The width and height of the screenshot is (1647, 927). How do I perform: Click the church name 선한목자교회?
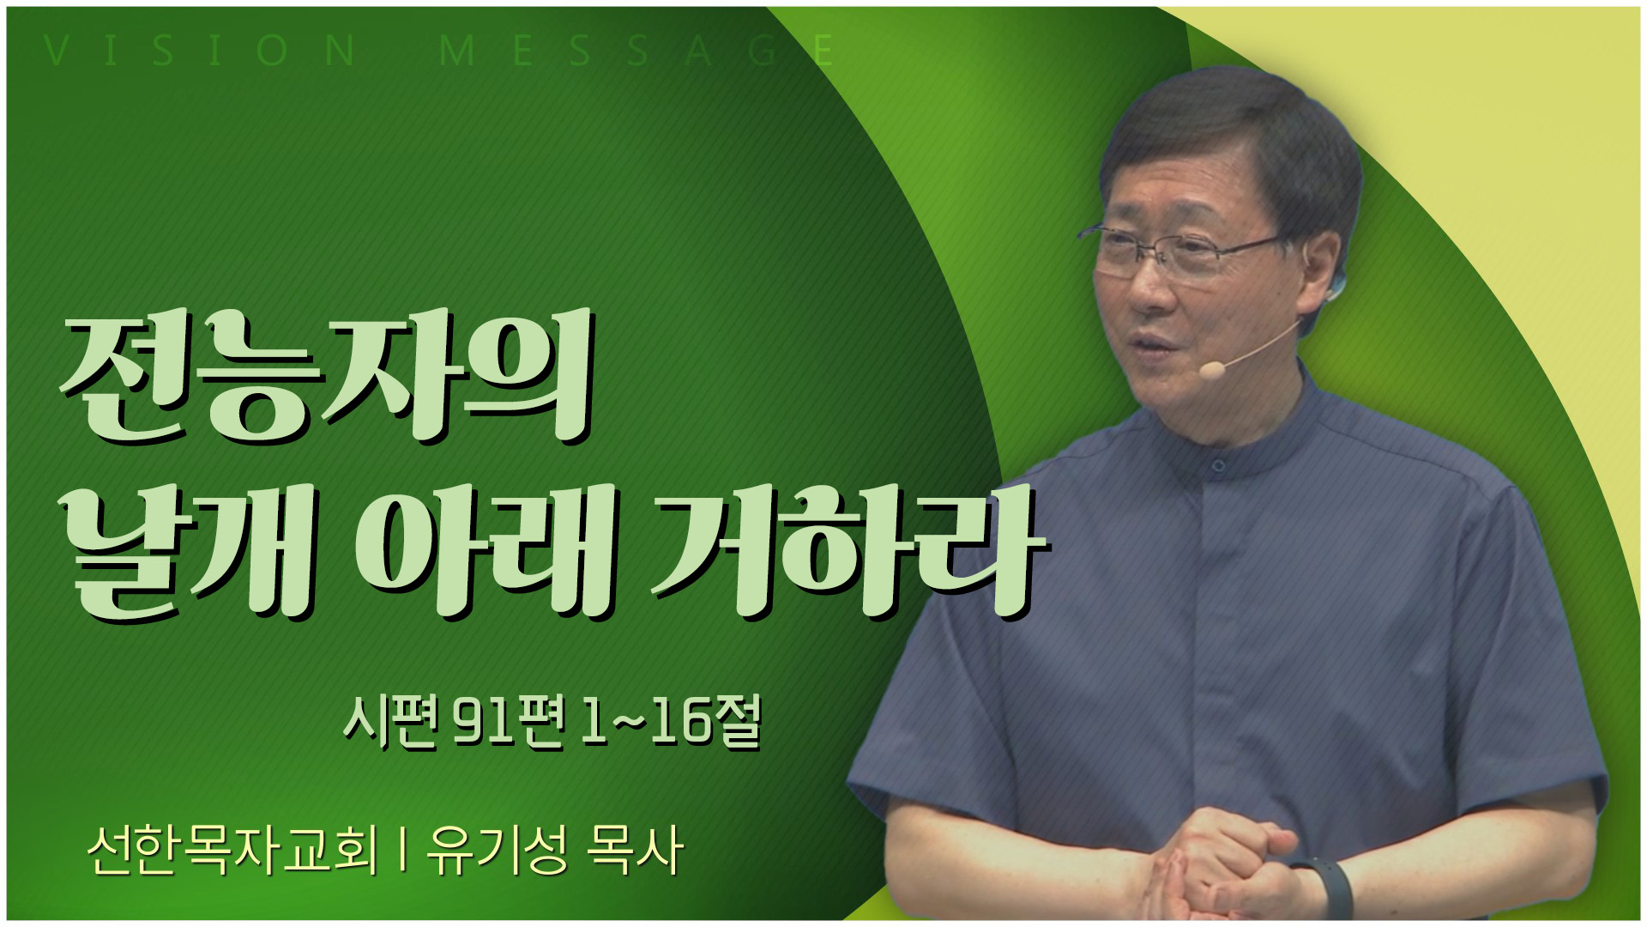232,852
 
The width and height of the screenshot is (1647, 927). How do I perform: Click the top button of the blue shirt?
1217,464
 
